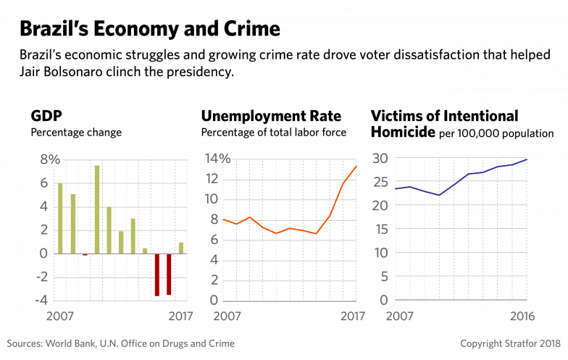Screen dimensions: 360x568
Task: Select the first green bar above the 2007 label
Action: tap(60, 218)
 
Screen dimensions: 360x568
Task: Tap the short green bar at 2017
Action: tap(181, 247)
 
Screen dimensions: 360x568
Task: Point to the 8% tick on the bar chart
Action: tap(49, 160)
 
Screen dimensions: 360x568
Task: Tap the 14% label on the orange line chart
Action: tap(217, 159)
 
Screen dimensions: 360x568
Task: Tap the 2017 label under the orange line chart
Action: tap(353, 316)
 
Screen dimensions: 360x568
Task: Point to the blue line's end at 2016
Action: tap(527, 158)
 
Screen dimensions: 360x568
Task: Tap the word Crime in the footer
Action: tap(221, 343)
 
